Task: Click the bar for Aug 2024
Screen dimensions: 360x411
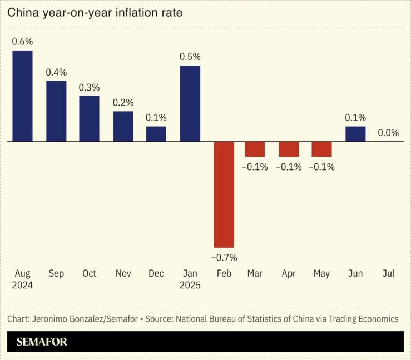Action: pos(22,96)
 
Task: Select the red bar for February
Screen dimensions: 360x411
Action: pos(224,194)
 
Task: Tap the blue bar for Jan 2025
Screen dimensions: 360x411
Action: pos(190,103)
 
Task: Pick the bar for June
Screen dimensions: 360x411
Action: pos(355,134)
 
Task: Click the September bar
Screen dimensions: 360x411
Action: pos(56,111)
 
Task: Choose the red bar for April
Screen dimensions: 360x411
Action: pos(289,149)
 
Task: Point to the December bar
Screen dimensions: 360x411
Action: pos(156,134)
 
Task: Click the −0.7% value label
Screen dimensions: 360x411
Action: pos(224,257)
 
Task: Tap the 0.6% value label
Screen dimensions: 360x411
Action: pos(22,42)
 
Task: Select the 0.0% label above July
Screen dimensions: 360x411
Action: pos(388,133)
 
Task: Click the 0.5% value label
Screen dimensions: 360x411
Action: pos(190,57)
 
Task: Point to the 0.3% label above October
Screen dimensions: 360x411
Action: pos(89,87)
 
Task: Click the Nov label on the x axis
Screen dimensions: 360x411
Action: pos(123,273)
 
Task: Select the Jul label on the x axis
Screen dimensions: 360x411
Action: pos(388,273)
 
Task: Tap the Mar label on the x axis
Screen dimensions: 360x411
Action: pos(255,273)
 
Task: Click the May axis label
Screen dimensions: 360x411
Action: pos(321,273)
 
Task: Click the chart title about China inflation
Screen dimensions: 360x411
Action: pos(95,12)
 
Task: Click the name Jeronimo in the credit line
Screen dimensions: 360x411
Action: pos(50,319)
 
